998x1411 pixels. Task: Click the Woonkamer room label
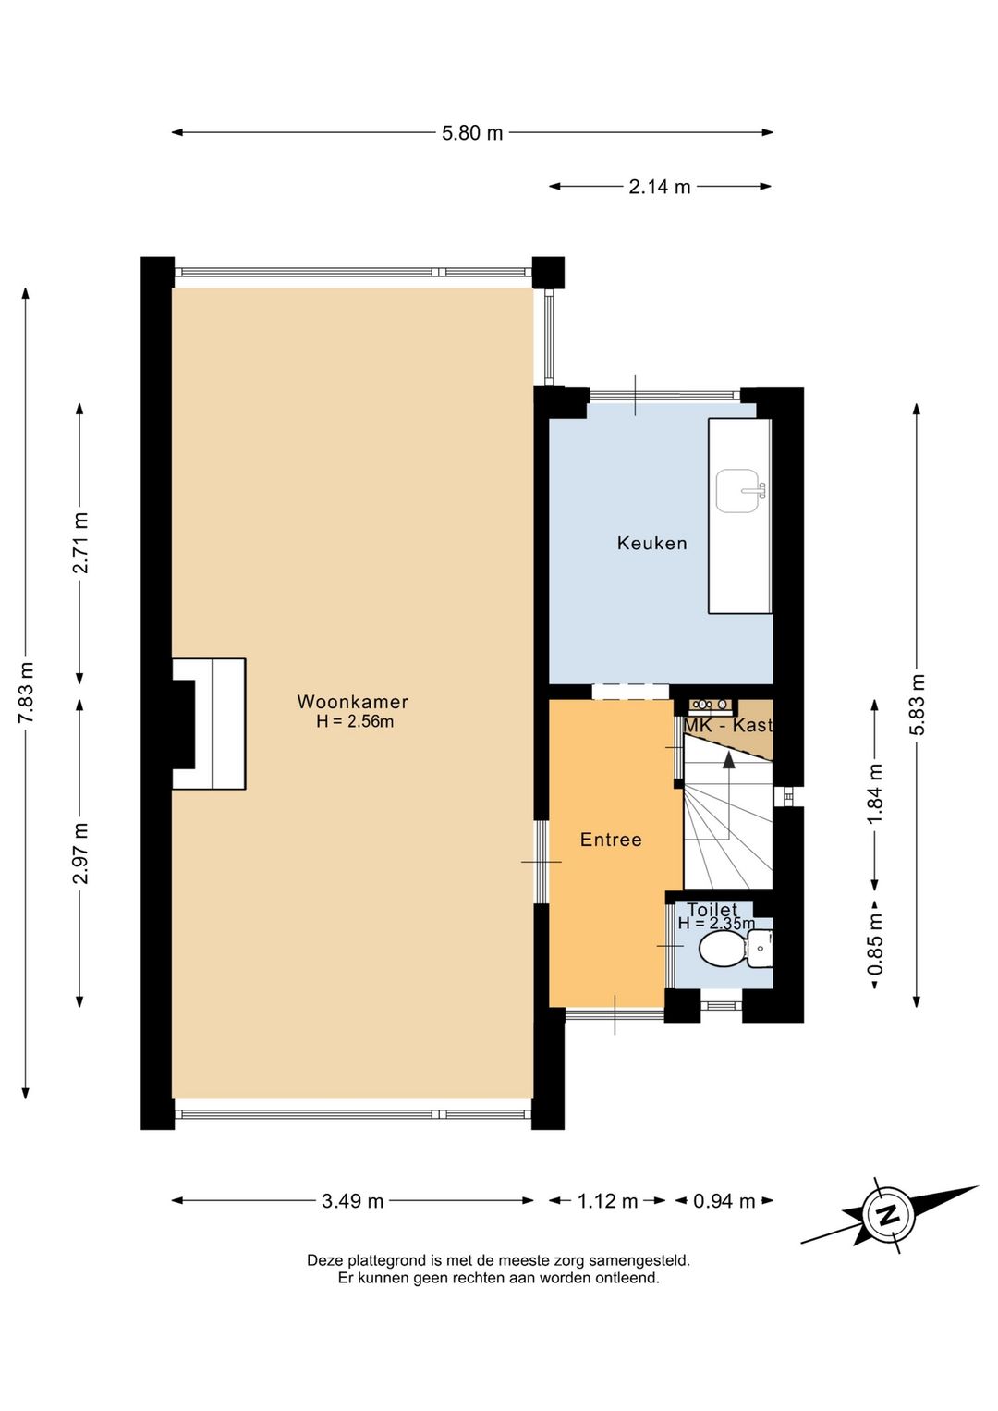click(353, 701)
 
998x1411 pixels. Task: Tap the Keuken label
click(651, 543)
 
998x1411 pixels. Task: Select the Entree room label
click(611, 839)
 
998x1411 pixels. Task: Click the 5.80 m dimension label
click(472, 133)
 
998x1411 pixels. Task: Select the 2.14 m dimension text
click(659, 187)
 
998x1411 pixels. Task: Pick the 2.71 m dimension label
click(81, 543)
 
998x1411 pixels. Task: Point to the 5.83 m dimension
click(918, 704)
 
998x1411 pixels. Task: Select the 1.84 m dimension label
click(874, 793)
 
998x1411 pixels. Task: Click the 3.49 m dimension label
click(353, 1201)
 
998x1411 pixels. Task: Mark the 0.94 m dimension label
click(724, 1201)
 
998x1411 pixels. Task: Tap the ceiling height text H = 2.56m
click(355, 722)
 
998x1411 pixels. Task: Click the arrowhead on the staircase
click(728, 760)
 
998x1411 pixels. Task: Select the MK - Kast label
click(728, 725)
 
